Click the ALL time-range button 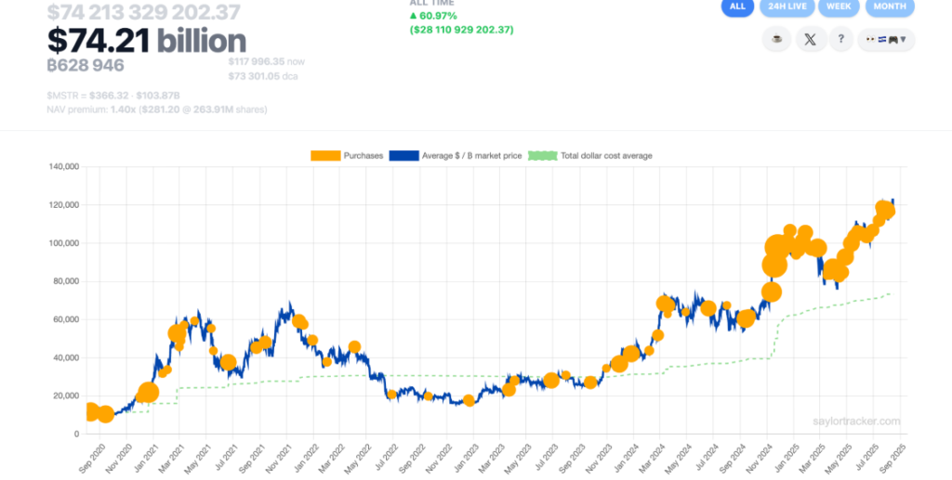pyautogui.click(x=737, y=6)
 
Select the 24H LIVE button pyautogui.click(x=787, y=6)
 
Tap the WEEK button pyautogui.click(x=839, y=6)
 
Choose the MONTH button pyautogui.click(x=890, y=6)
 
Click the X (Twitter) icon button pyautogui.click(x=811, y=40)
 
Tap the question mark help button pyautogui.click(x=841, y=40)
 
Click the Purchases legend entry pyautogui.click(x=347, y=155)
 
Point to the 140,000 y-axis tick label pyautogui.click(x=62, y=167)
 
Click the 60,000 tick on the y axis pyautogui.click(x=65, y=319)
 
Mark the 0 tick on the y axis pyautogui.click(x=77, y=434)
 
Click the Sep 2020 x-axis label pyautogui.click(x=92, y=455)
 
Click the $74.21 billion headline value pyautogui.click(x=147, y=40)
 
